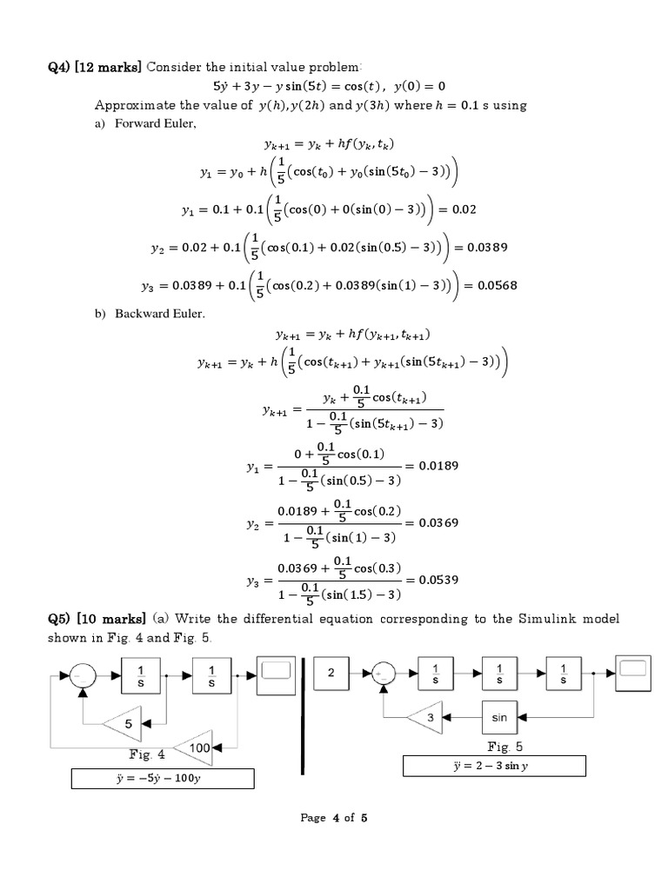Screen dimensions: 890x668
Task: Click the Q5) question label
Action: [x=60, y=619]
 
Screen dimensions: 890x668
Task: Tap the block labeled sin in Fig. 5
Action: [x=499, y=718]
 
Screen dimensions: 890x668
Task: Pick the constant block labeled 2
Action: [x=331, y=674]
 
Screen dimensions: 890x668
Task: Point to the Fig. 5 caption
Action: [x=504, y=746]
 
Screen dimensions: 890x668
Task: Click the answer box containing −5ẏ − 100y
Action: [x=164, y=778]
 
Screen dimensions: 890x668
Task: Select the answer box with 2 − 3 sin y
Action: [x=494, y=766]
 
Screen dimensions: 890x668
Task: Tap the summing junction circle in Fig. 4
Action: [x=82, y=674]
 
